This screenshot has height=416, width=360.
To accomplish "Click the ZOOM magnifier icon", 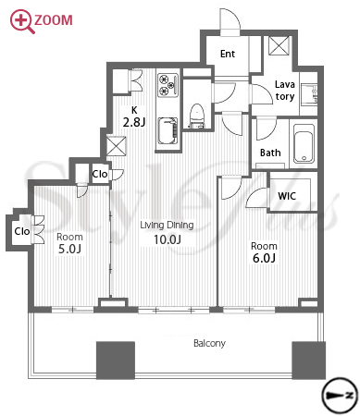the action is [x=21, y=21].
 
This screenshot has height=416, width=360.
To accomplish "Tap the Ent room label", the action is [x=228, y=54].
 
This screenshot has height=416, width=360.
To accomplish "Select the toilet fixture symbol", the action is [x=197, y=116].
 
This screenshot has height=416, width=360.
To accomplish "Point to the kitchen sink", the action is [x=168, y=131].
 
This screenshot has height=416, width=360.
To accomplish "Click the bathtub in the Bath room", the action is [x=304, y=143].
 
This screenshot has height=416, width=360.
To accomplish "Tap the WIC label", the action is [x=287, y=196].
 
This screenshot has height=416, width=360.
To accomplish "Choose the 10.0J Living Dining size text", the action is [x=168, y=239].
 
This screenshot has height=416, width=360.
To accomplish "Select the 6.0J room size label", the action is [x=264, y=258].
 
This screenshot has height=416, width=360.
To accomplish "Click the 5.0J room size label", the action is [x=69, y=249].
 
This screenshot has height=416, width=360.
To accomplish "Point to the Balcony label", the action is [x=209, y=343].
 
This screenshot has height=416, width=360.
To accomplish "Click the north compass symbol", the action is [x=340, y=396].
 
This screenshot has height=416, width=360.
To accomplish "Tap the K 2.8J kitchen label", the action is [x=134, y=117].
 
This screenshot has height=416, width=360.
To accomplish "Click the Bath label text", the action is [x=270, y=153].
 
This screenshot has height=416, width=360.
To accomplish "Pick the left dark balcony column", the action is [x=116, y=360].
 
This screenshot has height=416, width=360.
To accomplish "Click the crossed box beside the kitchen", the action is [x=116, y=146].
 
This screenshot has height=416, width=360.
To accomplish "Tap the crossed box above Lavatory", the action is [x=279, y=45].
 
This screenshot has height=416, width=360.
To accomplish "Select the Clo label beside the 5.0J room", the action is [x=22, y=231].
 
